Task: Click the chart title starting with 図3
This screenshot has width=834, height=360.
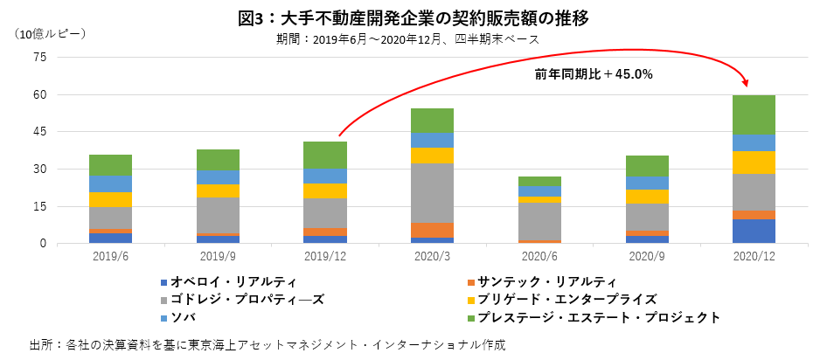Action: point(417,17)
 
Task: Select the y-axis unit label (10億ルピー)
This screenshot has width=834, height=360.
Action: point(50,33)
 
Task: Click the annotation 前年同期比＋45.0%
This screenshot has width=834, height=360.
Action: point(594,74)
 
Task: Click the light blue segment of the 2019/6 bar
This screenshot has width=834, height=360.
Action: point(110,183)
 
